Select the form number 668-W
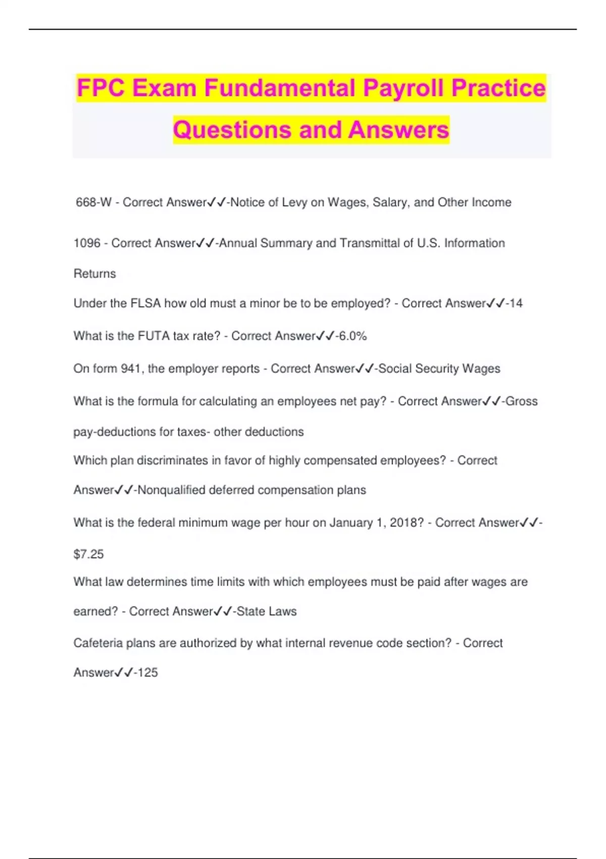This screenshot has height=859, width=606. tap(93, 203)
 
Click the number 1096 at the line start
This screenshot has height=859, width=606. tap(87, 244)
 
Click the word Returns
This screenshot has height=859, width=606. tap(94, 274)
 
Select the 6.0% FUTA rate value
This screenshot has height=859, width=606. tap(352, 336)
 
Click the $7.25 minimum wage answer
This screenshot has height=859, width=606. tap(88, 554)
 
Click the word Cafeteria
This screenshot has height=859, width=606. tap(98, 643)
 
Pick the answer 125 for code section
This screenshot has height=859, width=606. tap(147, 673)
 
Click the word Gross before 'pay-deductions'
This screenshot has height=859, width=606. tap(522, 401)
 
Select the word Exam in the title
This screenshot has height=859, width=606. tap(165, 88)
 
